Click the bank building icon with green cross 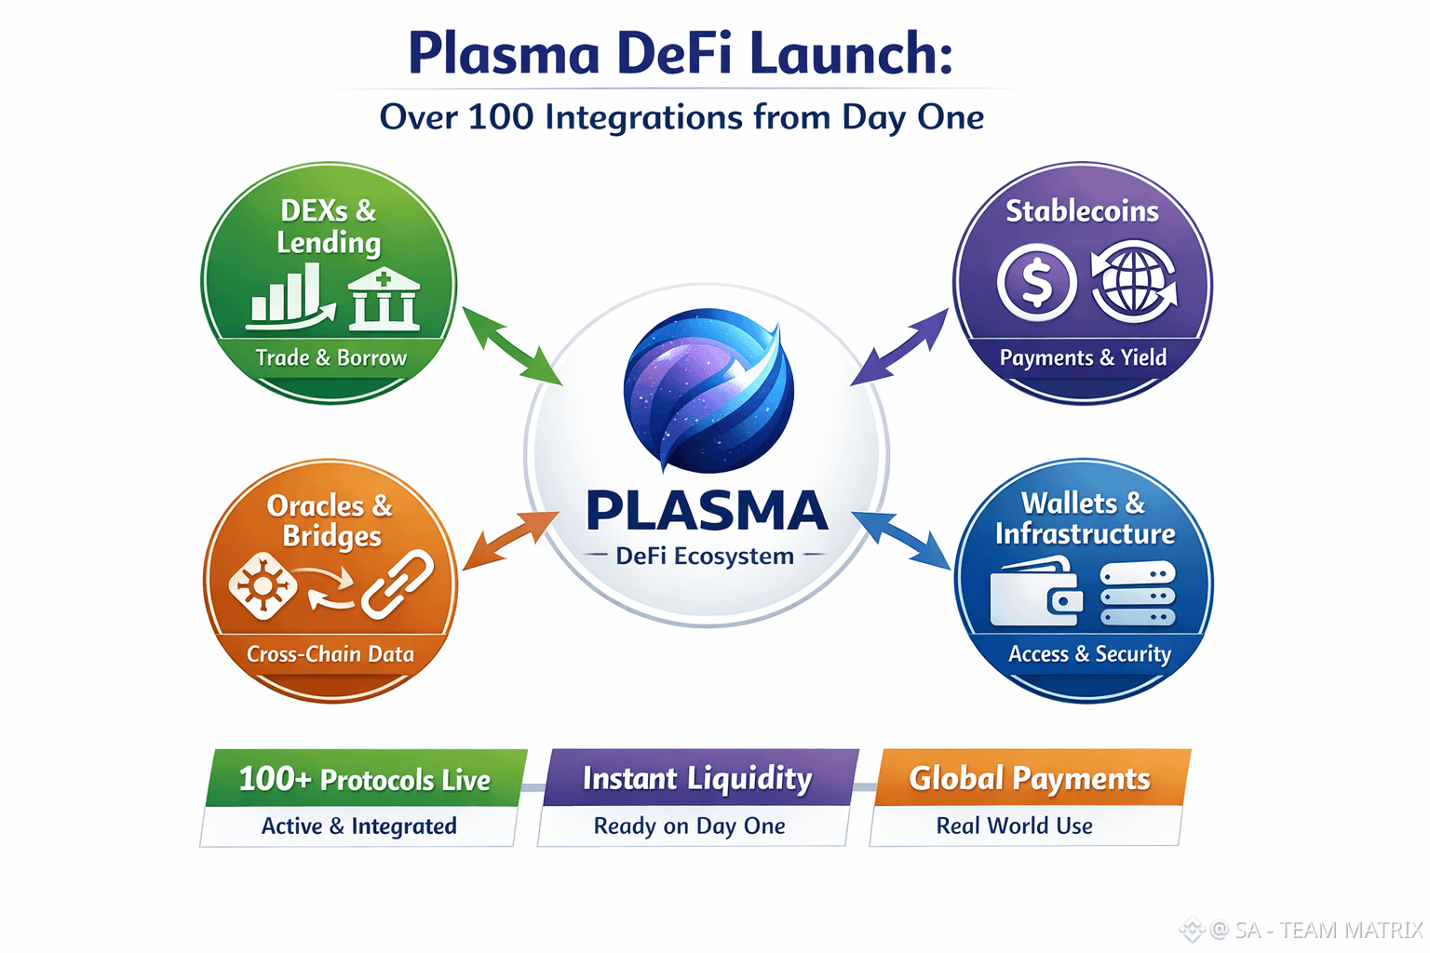coord(384,300)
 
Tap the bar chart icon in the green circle coord(290,297)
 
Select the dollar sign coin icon coord(1036,282)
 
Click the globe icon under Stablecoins coord(1134,281)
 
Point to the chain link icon coord(398,584)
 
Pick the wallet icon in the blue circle coord(1036,591)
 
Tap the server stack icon coord(1138,593)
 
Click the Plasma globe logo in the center coord(708,391)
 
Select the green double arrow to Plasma coord(512,346)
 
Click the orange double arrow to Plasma coord(511,540)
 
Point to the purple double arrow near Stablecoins coord(899,347)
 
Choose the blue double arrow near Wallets coord(901,540)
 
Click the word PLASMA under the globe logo coord(707,511)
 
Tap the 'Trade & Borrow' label coord(331,357)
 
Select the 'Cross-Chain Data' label coord(331,653)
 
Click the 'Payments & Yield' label coord(1083,357)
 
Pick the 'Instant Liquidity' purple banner coord(699,777)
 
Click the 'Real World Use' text coord(1015,825)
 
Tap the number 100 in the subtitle coord(500,117)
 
